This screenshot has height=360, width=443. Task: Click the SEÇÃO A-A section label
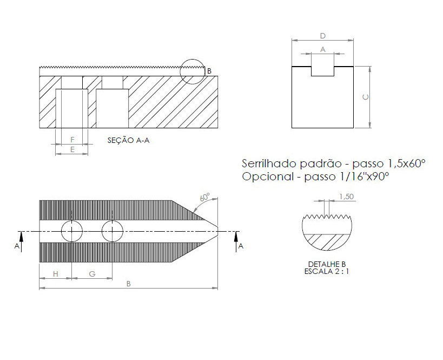point(128,140)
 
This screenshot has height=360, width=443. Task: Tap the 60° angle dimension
point(205,197)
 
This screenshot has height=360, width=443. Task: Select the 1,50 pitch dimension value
point(346,197)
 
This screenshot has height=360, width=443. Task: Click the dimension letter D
point(322,36)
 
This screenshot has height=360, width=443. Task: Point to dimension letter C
point(365,97)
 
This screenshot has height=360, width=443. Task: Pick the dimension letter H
point(55,274)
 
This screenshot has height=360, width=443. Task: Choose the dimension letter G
point(92,274)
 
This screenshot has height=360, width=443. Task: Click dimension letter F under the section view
point(72,140)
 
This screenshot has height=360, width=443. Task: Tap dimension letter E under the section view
point(72,149)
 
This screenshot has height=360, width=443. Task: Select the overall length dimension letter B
point(129,284)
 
